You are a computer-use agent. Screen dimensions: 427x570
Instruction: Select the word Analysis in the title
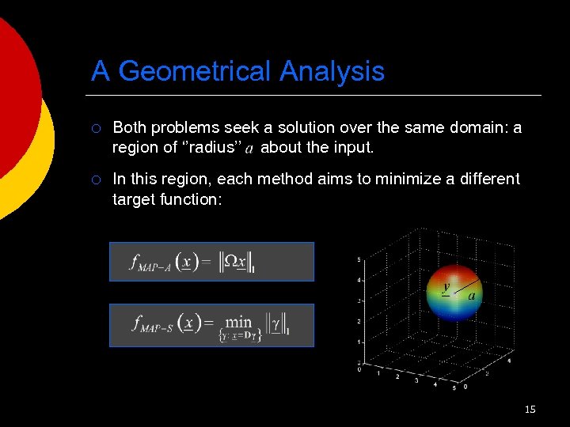[x=332, y=72]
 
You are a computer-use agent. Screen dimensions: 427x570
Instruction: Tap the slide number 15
[x=530, y=409]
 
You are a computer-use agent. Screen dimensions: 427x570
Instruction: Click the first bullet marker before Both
[x=95, y=128]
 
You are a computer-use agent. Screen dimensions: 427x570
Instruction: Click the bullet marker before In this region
[x=95, y=179]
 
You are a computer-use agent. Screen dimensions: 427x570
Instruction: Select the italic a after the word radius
[x=249, y=148]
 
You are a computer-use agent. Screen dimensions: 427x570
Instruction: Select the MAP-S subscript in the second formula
[x=158, y=328]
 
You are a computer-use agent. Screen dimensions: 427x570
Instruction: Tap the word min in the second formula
[x=238, y=321]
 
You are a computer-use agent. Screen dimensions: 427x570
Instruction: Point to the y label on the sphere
[x=446, y=287]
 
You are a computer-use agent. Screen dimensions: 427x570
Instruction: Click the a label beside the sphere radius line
[x=472, y=296]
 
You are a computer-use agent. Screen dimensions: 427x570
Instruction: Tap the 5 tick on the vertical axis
[x=359, y=259]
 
